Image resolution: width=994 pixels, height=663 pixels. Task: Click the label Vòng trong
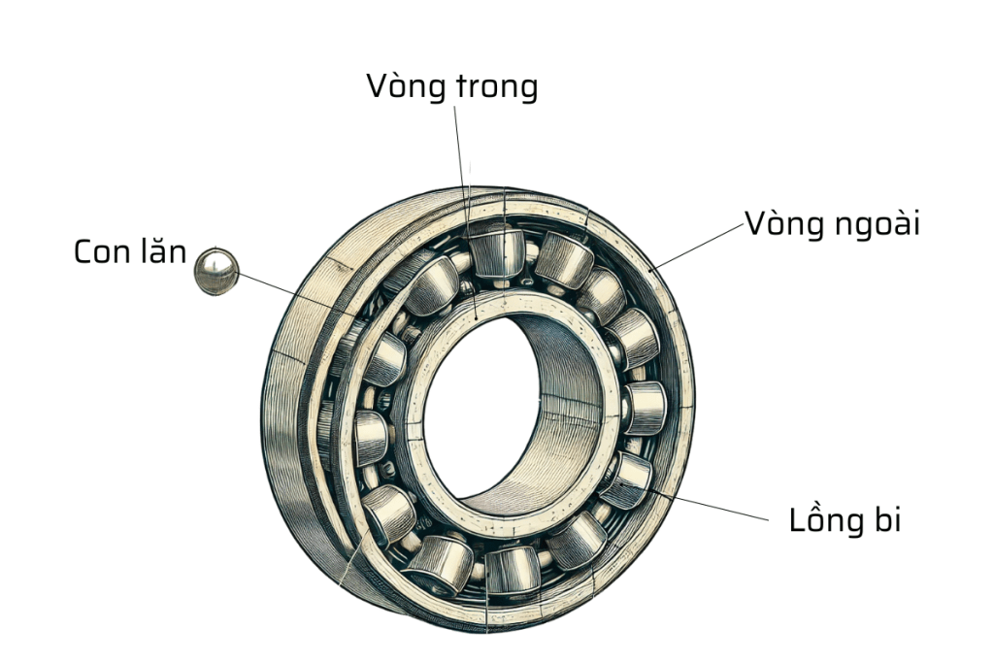click(451, 86)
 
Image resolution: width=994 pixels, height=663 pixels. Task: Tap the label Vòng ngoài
click(832, 224)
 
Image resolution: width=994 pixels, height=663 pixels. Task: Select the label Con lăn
click(129, 252)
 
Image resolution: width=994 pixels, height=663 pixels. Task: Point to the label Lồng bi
click(845, 520)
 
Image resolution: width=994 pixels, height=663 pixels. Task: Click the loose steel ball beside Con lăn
click(215, 271)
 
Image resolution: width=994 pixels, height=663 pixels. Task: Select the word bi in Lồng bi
click(886, 519)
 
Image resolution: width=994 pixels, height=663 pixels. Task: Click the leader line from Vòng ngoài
click(699, 245)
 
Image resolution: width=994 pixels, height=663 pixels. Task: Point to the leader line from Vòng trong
click(462, 155)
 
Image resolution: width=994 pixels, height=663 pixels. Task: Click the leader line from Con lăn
click(291, 290)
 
